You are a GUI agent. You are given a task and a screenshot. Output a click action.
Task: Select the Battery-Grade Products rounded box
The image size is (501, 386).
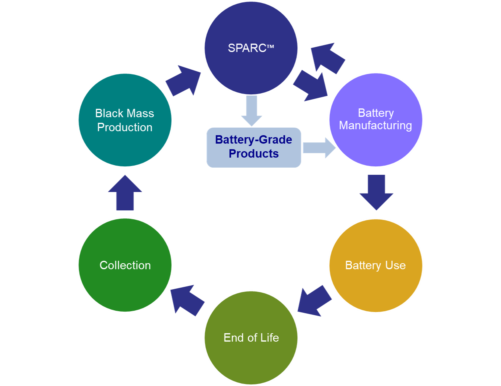254,147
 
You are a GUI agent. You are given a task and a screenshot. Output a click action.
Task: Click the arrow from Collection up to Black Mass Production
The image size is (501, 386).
125,194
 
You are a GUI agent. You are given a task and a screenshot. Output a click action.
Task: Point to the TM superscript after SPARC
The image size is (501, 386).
271,47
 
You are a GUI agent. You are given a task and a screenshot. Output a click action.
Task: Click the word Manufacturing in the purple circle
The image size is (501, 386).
375,126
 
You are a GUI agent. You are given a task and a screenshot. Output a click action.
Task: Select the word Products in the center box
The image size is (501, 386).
254,154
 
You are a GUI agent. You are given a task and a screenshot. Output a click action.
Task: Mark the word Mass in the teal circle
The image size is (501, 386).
140,114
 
